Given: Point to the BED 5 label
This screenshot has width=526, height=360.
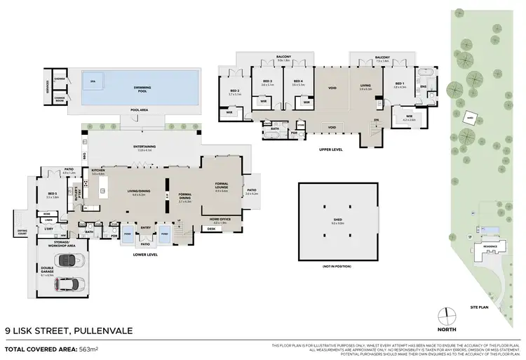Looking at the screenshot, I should click(52, 194).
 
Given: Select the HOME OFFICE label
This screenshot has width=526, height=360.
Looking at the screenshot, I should click(221, 220).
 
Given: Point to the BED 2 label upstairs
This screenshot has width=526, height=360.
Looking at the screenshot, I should click(235, 91).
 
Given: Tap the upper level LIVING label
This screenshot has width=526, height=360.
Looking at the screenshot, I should click(365, 86).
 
